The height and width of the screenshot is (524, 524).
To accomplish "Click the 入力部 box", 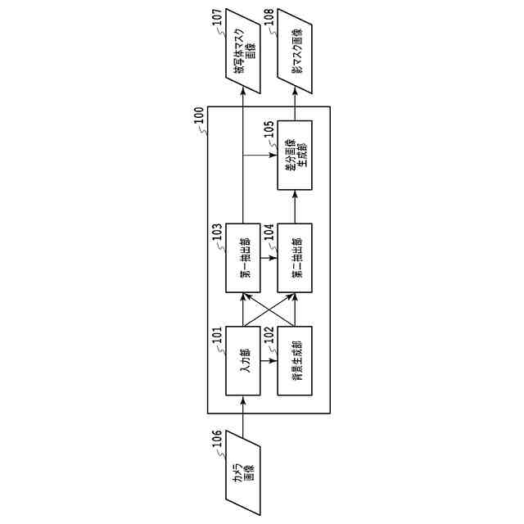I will pyautogui.click(x=243, y=361).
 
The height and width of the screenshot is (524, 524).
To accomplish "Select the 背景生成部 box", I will pyautogui.click(x=295, y=361).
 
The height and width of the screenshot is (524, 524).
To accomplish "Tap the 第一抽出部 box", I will pyautogui.click(x=243, y=257).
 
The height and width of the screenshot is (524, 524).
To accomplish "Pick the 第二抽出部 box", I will pyautogui.click(x=295, y=257).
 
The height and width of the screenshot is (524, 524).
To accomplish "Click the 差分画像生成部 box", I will pyautogui.click(x=295, y=155).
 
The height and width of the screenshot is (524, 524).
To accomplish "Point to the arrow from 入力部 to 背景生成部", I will pyautogui.click(x=269, y=361).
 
